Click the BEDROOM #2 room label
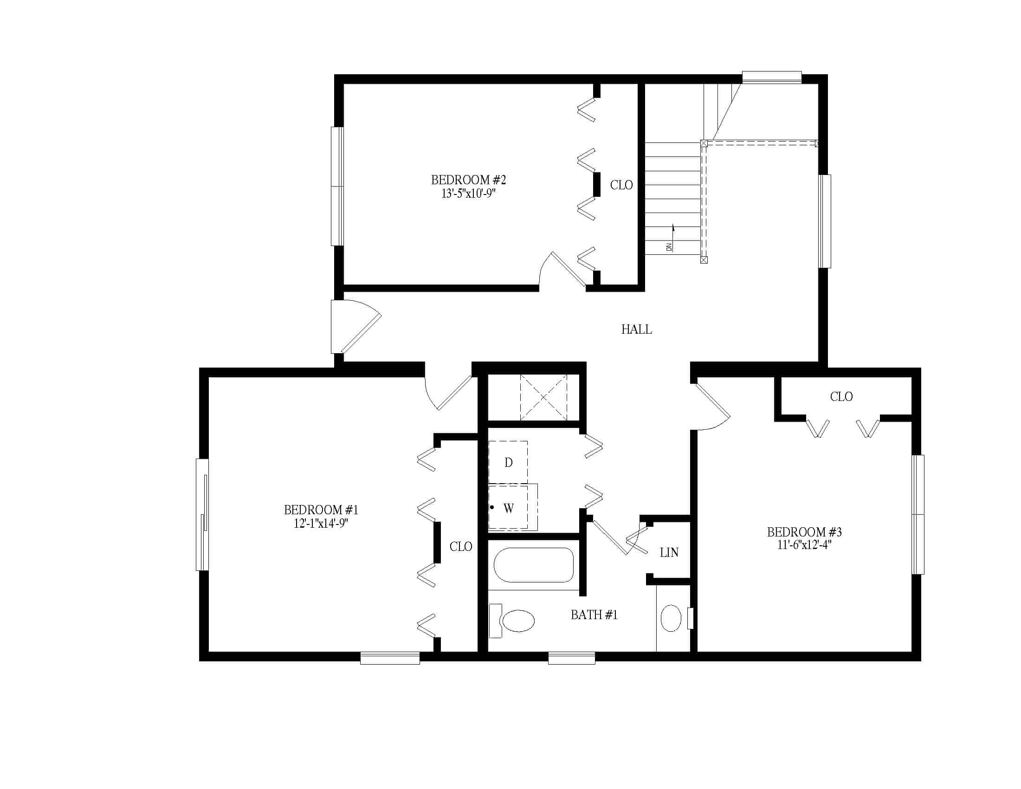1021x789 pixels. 468,180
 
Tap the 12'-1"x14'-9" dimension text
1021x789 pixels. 321,523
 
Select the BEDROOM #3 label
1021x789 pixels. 804,532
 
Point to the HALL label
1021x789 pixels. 636,330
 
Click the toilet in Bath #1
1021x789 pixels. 512,621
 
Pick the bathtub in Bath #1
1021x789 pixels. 533,565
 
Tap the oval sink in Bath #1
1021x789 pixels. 671,618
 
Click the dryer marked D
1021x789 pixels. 508,462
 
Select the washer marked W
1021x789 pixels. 513,507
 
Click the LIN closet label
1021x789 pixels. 669,552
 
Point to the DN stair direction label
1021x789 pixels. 669,247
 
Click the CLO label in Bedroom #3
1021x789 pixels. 841,397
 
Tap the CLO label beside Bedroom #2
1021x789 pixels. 621,185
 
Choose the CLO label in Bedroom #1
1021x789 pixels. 460,546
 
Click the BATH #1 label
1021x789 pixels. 594,614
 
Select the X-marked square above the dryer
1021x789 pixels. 543,397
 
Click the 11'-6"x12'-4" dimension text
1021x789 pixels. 804,544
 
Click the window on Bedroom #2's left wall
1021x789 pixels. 337,186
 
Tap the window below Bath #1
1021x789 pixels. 571,658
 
